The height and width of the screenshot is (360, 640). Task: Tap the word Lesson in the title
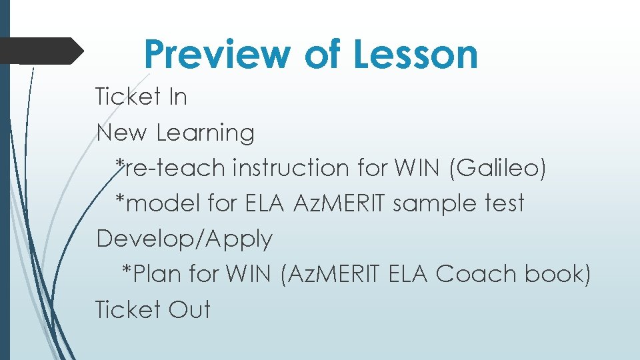click(415, 55)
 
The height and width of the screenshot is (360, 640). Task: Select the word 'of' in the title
click(323, 55)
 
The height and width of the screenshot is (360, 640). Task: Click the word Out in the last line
click(189, 310)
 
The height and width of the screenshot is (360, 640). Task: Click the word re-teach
click(175, 168)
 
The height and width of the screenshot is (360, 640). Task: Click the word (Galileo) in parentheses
click(498, 168)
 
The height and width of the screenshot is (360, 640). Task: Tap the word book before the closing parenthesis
click(557, 274)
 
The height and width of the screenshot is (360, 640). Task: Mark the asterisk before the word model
click(120, 200)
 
